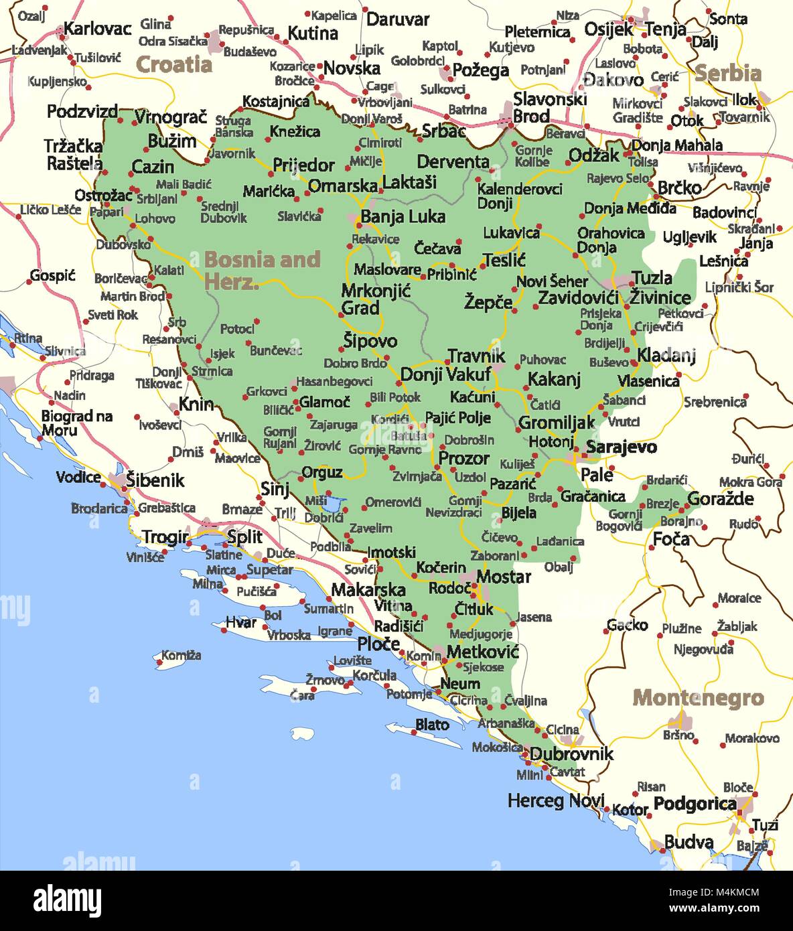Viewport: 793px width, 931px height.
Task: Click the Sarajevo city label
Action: point(621,447)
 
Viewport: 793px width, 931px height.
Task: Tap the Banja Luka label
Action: point(403,216)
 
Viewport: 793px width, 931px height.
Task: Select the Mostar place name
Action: point(504,577)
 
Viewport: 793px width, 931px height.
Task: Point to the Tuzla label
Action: point(652,278)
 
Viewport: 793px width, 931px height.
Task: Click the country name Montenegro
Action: point(698,698)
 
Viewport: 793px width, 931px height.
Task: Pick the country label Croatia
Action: point(173,65)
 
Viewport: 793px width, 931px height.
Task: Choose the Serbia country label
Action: point(727,73)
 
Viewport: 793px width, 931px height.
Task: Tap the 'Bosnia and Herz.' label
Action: point(261,269)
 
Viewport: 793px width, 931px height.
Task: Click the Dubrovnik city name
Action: point(571,754)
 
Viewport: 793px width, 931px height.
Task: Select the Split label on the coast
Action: point(244,536)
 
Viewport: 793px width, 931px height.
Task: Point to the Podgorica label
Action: point(695,804)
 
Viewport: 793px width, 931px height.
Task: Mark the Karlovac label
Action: point(97,29)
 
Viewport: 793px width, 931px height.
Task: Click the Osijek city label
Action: point(608,29)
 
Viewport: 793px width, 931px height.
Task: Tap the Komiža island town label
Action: point(181,656)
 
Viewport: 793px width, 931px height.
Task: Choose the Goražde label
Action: point(720,498)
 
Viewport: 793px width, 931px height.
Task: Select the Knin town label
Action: point(196,404)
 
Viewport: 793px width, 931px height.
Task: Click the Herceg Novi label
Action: point(555,800)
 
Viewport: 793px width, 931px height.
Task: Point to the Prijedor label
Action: point(303,165)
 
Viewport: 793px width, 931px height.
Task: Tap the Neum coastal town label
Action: point(459,684)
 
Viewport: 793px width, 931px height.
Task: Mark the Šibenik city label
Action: point(155,480)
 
